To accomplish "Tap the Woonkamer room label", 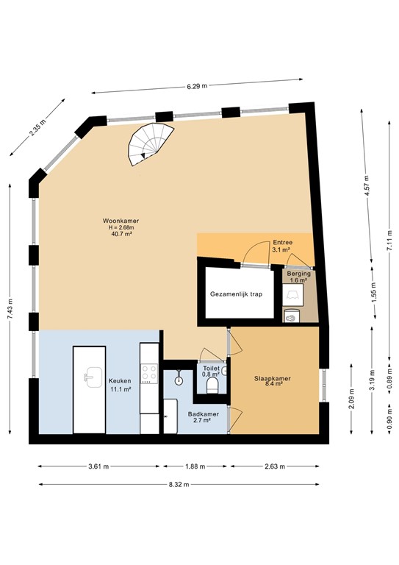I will click(x=121, y=221).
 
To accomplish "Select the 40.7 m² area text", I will click(x=121, y=235).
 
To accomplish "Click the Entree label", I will click(x=281, y=242).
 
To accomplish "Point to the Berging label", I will click(x=298, y=273).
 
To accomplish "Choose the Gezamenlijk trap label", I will click(x=236, y=294).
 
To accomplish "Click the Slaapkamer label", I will click(x=272, y=378).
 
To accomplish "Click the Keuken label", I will click(x=120, y=380).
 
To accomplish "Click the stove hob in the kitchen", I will click(x=148, y=374).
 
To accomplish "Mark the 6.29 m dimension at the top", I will click(x=197, y=87).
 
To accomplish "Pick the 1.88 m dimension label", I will click(x=196, y=466).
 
